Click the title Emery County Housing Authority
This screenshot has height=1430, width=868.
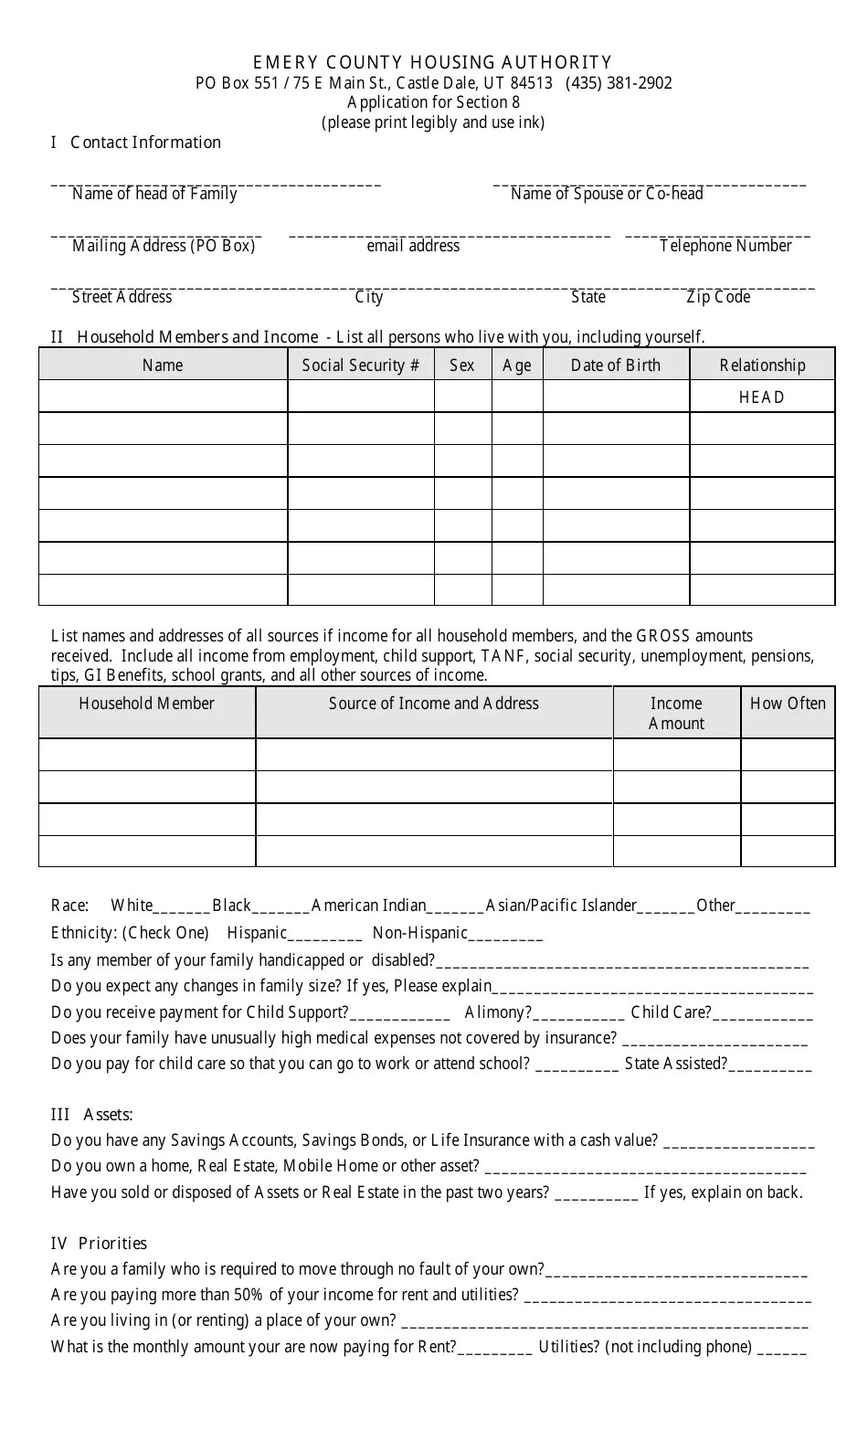tap(432, 62)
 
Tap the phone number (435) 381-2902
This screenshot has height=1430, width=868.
tap(619, 83)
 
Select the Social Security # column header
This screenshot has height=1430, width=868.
tap(361, 365)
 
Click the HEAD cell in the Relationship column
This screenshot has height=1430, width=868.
tap(762, 397)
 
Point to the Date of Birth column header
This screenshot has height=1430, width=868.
tap(616, 365)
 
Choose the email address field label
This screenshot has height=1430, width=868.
tap(413, 246)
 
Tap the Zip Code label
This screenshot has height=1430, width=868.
tap(718, 297)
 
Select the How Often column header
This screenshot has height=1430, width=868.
tap(788, 704)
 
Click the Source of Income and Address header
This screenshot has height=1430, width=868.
tap(434, 704)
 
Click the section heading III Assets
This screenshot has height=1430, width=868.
tap(92, 1115)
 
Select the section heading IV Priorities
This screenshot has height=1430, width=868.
tap(99, 1244)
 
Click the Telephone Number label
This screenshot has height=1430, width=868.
tap(725, 246)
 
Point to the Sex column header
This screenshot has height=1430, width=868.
tap(462, 365)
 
